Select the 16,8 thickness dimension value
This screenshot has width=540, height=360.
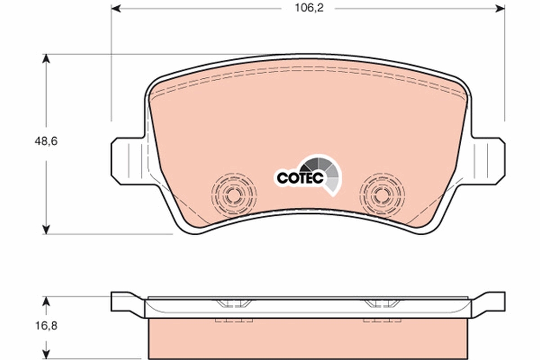pyautogui.click(x=46, y=324)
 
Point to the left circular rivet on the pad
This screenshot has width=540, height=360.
pyautogui.click(x=234, y=195)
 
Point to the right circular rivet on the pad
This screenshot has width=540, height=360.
pyautogui.click(x=382, y=195)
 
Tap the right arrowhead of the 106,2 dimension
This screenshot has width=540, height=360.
pyautogui.click(x=499, y=8)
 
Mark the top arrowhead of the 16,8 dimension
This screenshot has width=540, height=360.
pyautogui.click(x=45, y=301)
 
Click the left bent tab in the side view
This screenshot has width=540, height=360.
pyautogui.click(x=126, y=302)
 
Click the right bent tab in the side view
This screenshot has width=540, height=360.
pyautogui.click(x=489, y=302)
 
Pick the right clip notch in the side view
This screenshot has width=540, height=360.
pyautogui.click(x=382, y=304)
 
